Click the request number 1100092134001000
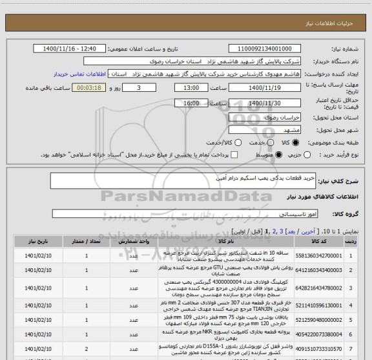coord(265,48)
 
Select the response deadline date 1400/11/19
coord(265,88)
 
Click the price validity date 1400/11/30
coord(265,103)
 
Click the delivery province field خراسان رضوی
coord(265,116)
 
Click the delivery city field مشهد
coord(265,129)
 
